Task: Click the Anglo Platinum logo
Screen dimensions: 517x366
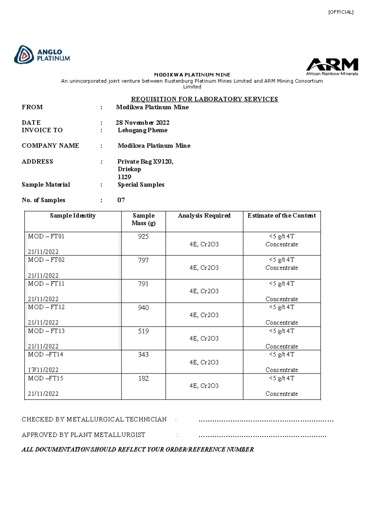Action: [x=42, y=55]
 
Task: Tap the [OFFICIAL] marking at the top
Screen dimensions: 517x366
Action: [x=341, y=12]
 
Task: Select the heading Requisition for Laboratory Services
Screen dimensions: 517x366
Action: [x=204, y=99]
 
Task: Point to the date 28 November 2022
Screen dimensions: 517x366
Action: [x=142, y=123]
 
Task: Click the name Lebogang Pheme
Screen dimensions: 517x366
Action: [x=142, y=130]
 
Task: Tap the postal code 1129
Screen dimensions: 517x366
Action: [x=124, y=177]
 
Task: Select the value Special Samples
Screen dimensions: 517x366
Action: [x=141, y=184]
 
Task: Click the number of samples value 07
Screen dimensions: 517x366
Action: [x=121, y=200]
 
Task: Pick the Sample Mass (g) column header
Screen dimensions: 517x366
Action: [x=143, y=219]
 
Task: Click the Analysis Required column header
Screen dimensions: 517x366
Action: [x=204, y=216]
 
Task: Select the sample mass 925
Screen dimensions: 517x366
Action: [x=143, y=237]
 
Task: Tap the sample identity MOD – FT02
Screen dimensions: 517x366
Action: [x=46, y=260]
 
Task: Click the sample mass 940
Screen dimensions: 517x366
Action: [x=143, y=308]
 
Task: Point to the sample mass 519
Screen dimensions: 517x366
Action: [x=143, y=331]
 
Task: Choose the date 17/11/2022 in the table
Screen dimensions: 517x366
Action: [x=43, y=370]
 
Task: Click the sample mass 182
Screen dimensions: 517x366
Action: [x=143, y=379]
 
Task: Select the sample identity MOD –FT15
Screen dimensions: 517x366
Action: [x=46, y=378]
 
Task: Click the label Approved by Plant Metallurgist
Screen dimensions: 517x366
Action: [x=83, y=435]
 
